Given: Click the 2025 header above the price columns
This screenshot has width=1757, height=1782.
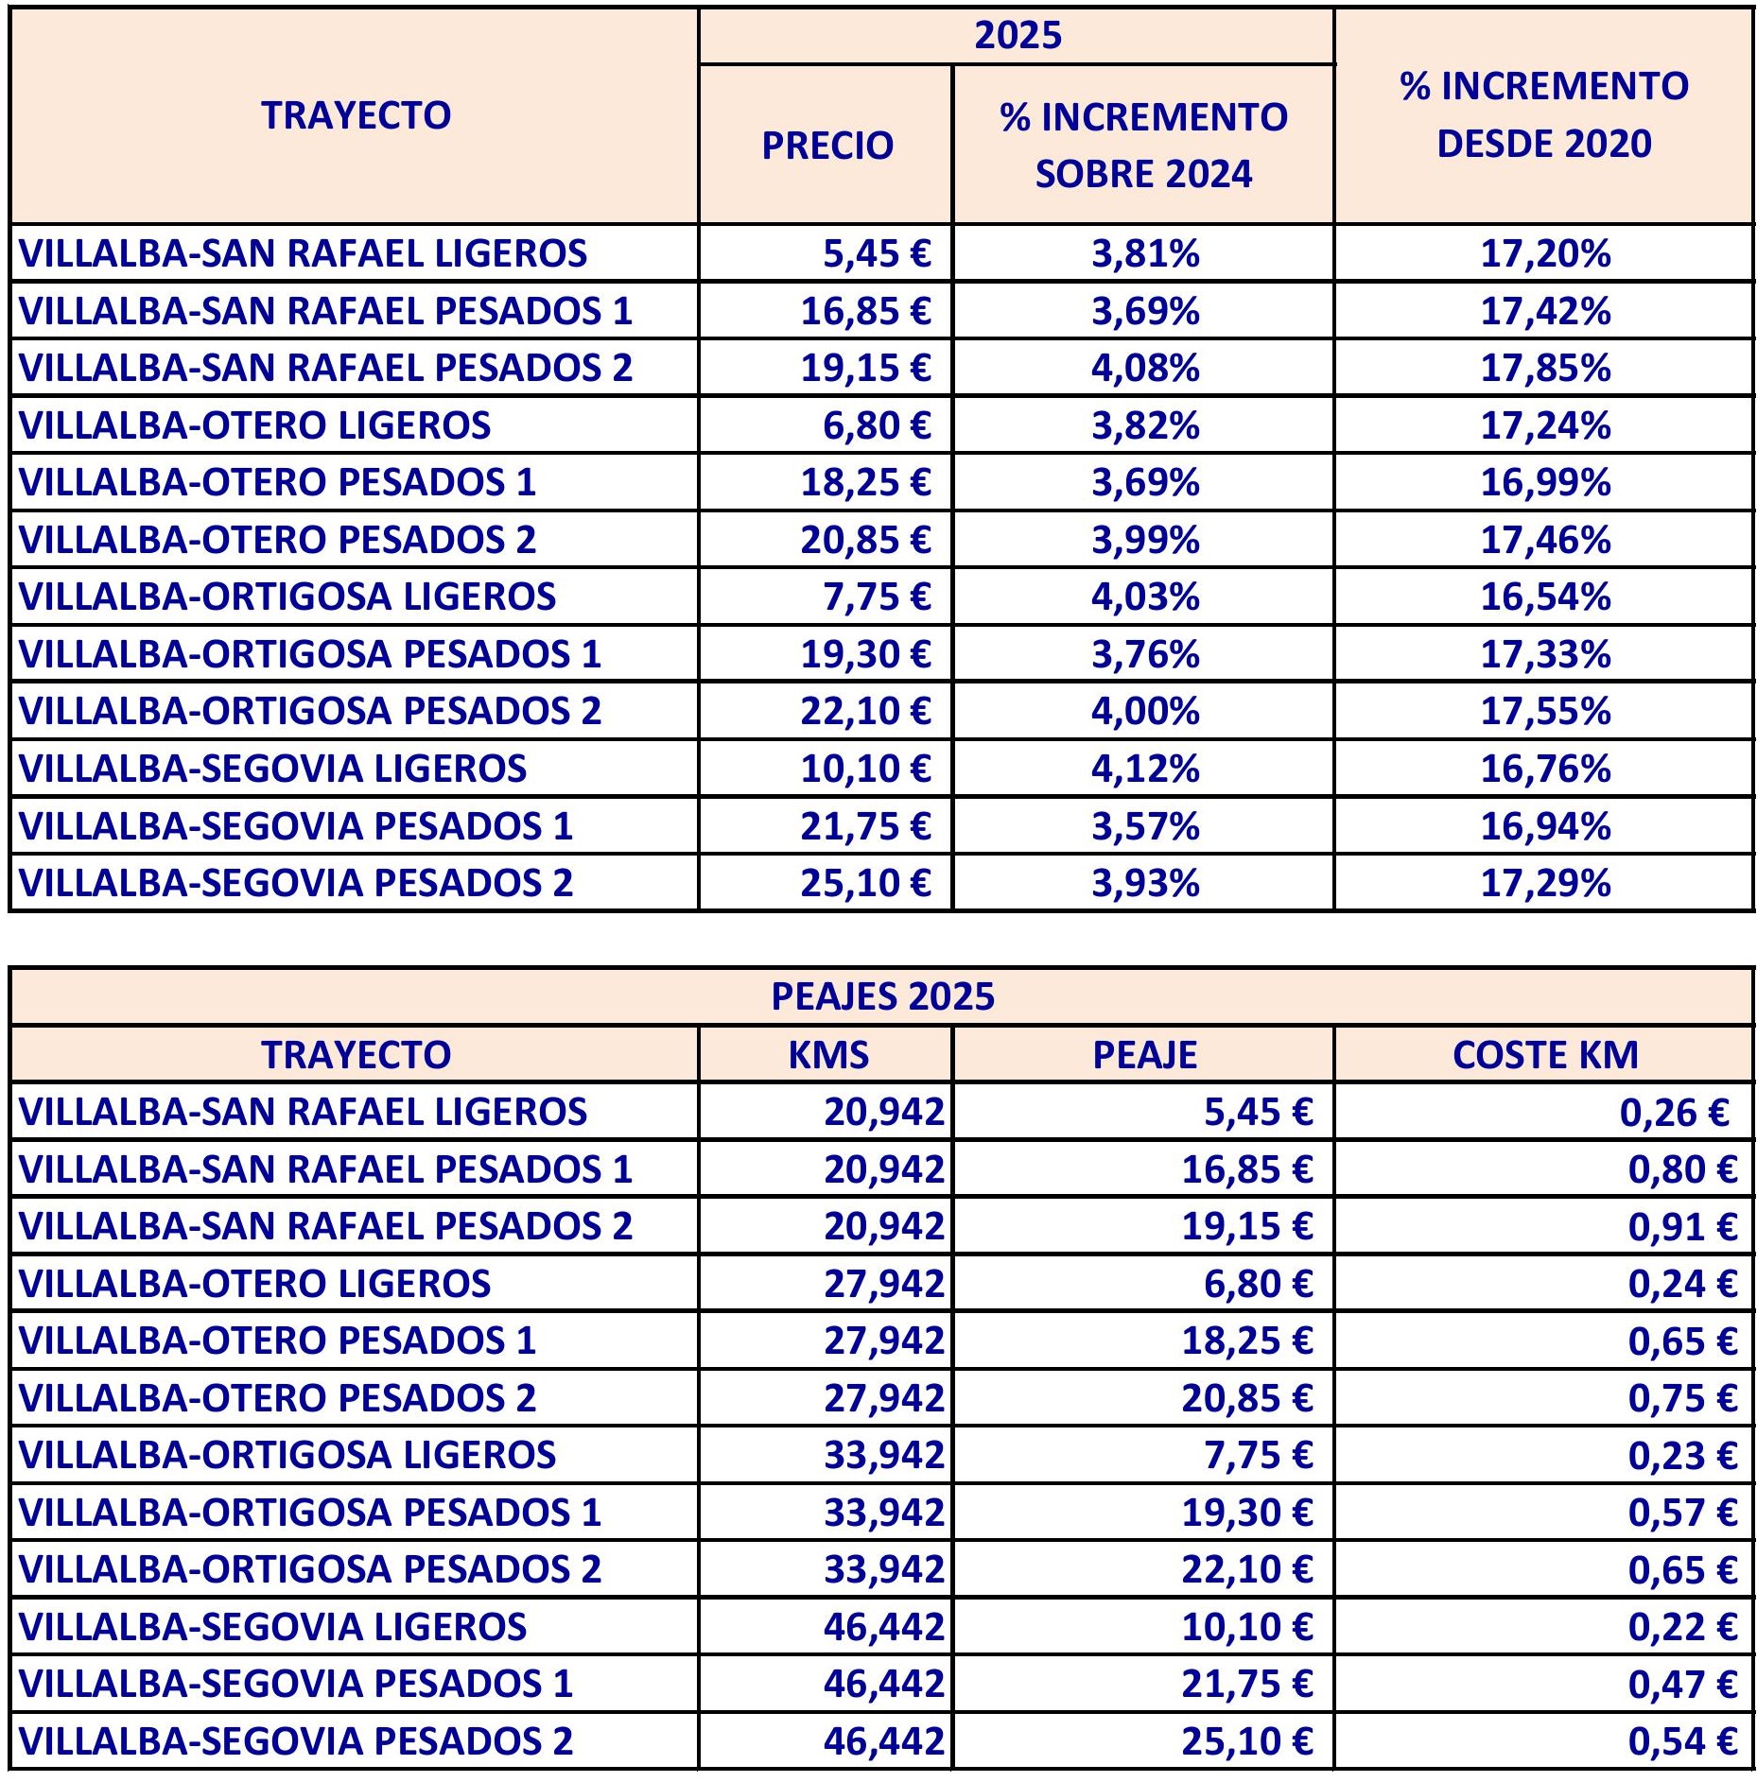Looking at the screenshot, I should [x=1018, y=36].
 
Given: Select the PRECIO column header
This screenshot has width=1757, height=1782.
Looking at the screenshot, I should [x=827, y=146].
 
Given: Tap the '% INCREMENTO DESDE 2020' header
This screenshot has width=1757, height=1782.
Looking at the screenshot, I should [x=1543, y=115].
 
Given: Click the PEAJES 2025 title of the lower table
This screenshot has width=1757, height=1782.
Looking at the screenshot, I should [x=882, y=996].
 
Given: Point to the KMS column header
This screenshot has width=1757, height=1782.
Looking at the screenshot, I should [x=827, y=1055].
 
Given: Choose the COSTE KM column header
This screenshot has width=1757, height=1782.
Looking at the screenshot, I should [x=1544, y=1055].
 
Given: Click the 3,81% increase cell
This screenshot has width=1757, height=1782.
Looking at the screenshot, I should [x=1144, y=253].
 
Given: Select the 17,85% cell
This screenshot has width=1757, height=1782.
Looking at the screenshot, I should [x=1544, y=368].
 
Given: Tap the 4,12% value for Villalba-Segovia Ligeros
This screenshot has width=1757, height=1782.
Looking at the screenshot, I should [x=1144, y=769].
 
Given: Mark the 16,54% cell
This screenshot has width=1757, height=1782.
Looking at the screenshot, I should [x=1544, y=597].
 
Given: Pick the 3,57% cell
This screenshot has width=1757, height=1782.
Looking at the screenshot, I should [x=1144, y=826].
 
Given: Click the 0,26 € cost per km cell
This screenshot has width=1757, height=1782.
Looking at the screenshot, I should [x=1674, y=1113].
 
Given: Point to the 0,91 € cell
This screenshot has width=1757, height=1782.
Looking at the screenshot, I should [x=1681, y=1226].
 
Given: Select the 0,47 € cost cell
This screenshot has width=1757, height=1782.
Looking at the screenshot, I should [x=1681, y=1684].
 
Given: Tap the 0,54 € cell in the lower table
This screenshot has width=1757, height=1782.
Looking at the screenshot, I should [x=1681, y=1741].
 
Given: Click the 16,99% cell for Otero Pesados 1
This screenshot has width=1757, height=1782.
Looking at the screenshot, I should [x=1544, y=482].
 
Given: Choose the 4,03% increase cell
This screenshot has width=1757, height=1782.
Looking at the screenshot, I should [x=1144, y=597].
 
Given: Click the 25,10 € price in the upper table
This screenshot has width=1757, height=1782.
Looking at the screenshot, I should [x=864, y=883].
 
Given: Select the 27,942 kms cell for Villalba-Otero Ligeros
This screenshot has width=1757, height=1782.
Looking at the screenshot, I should [x=883, y=1284].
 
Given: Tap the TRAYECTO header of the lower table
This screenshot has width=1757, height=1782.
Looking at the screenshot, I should [x=356, y=1055].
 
